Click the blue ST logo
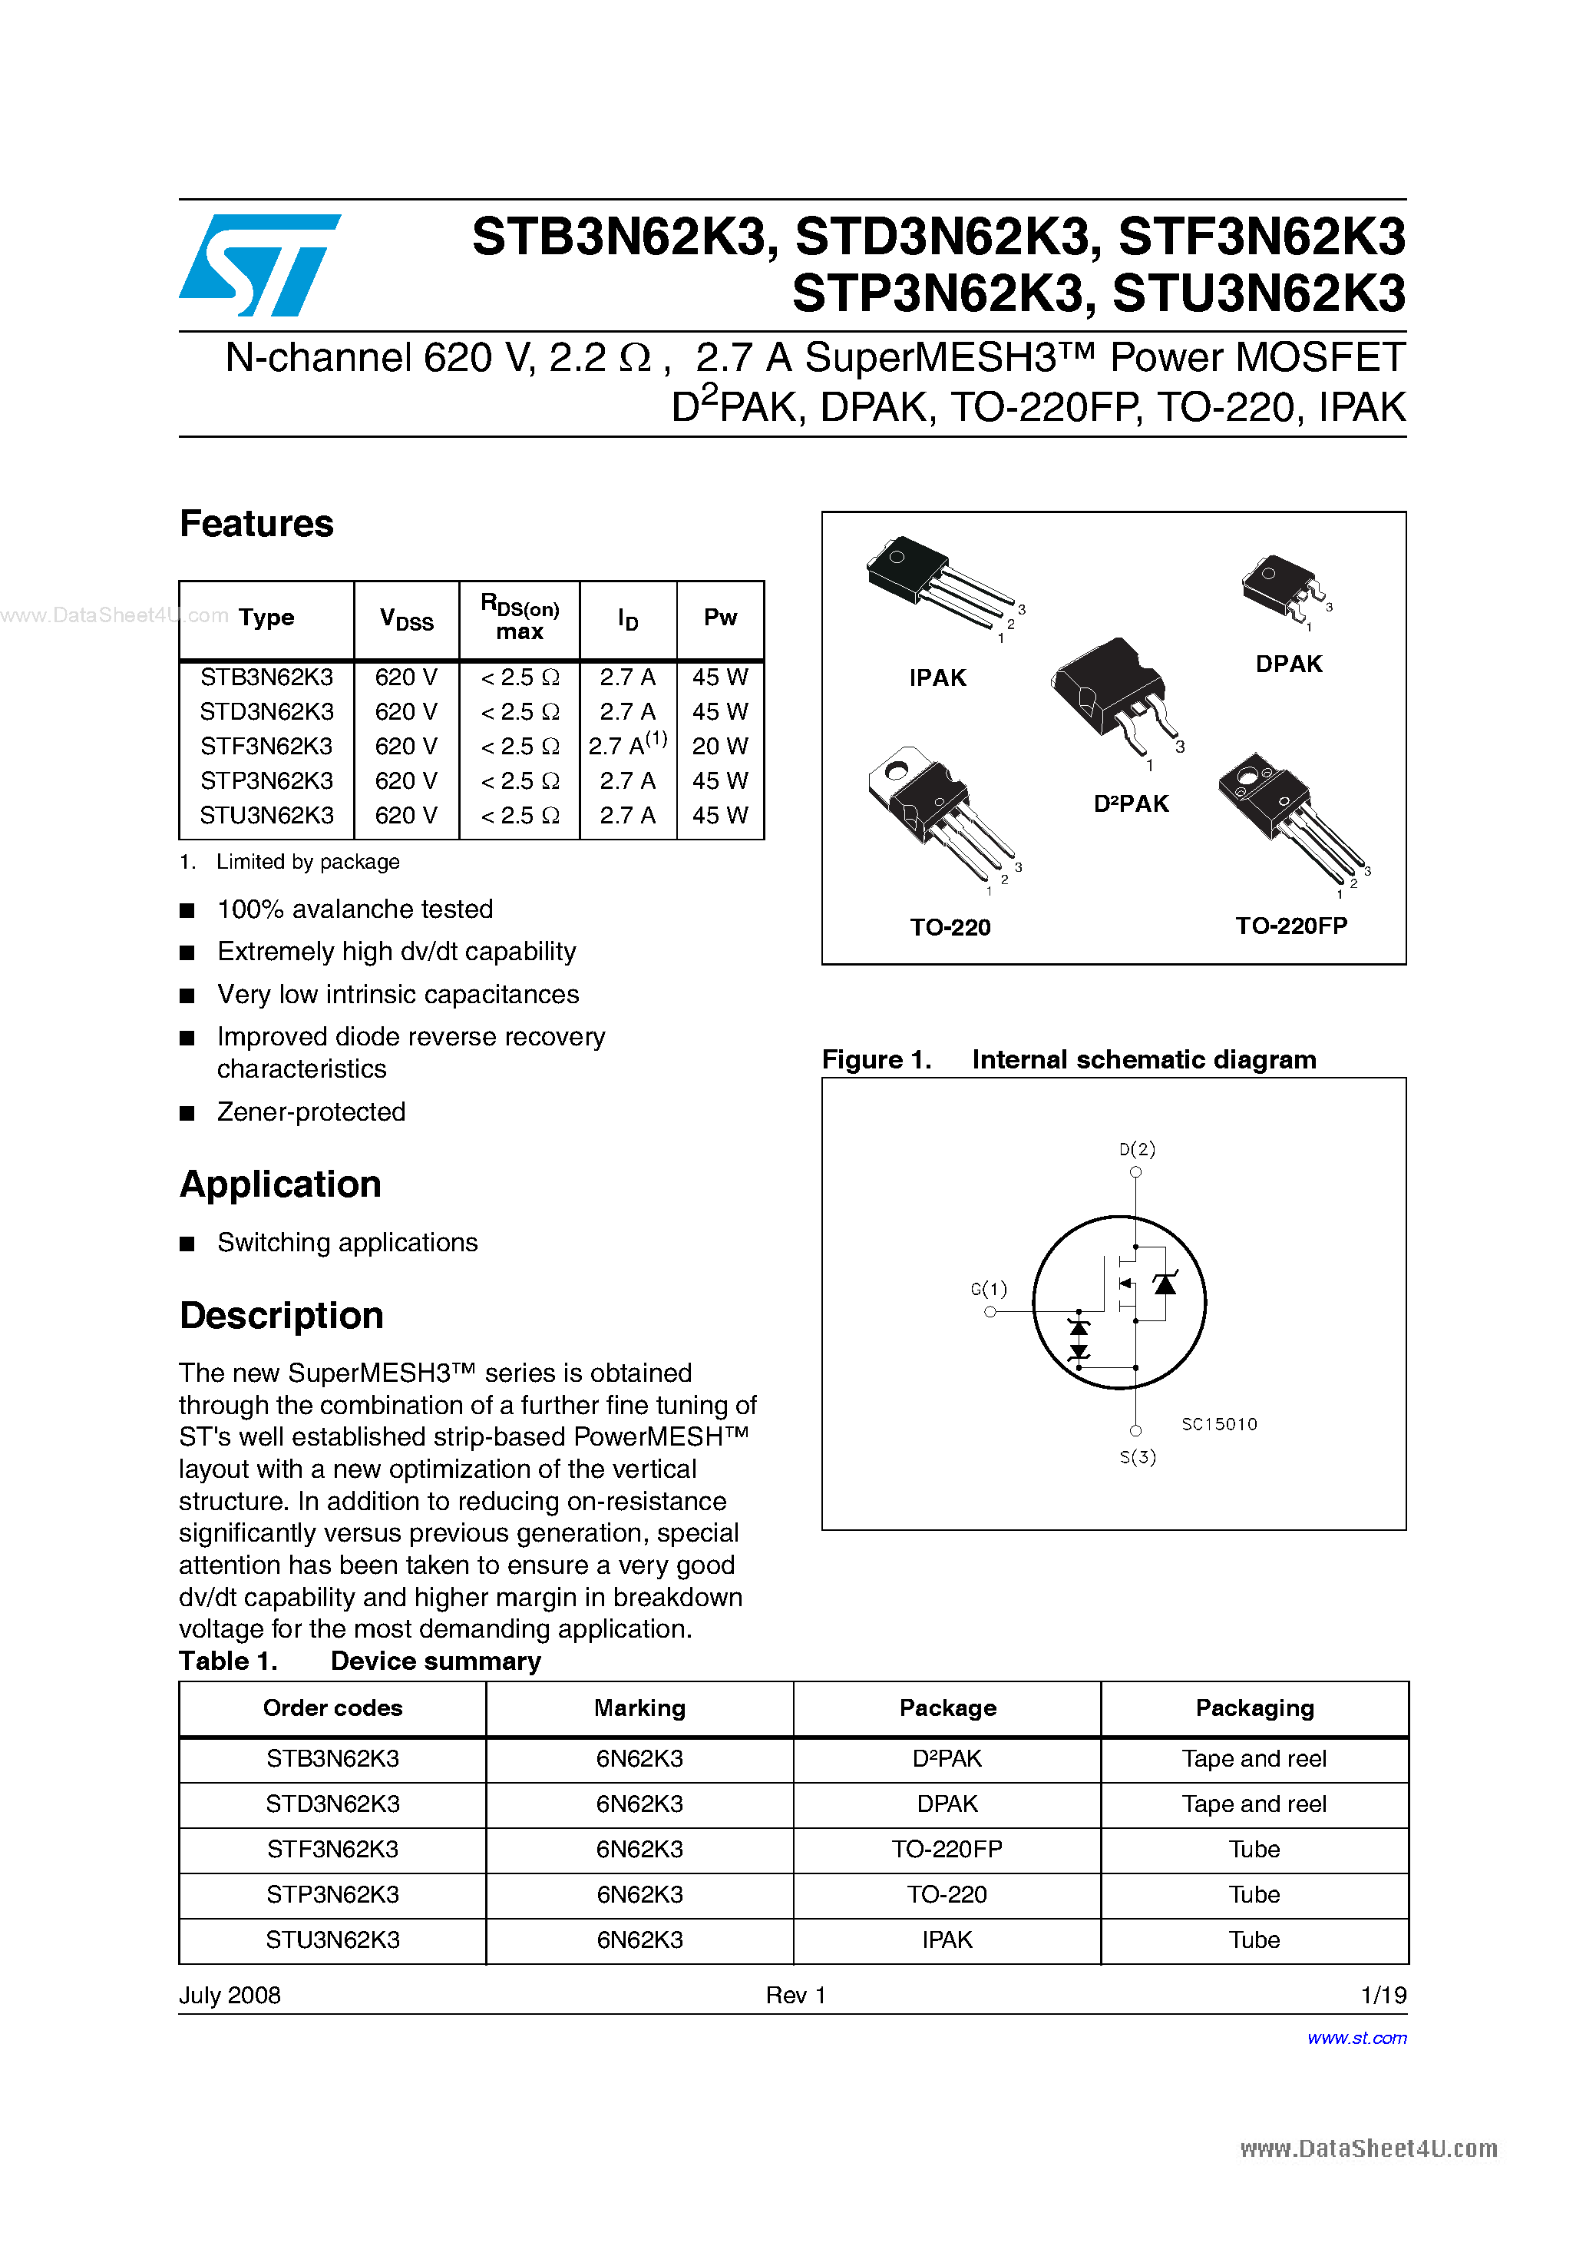click(259, 265)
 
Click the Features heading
click(256, 523)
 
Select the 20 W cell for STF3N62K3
click(719, 747)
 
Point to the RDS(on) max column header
click(519, 618)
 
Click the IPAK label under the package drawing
click(937, 678)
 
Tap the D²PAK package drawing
click(1115, 694)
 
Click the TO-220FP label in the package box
click(1290, 926)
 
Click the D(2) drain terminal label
click(1136, 1148)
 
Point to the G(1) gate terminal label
click(989, 1289)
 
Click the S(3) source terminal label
click(1137, 1456)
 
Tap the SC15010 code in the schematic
click(1218, 1424)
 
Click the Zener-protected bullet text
click(311, 1112)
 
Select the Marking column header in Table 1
click(639, 1708)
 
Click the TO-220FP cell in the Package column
click(947, 1849)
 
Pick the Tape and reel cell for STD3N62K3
click(1254, 1804)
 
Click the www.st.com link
click(1356, 2038)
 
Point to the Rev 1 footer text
click(796, 1995)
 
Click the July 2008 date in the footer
click(230, 1995)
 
